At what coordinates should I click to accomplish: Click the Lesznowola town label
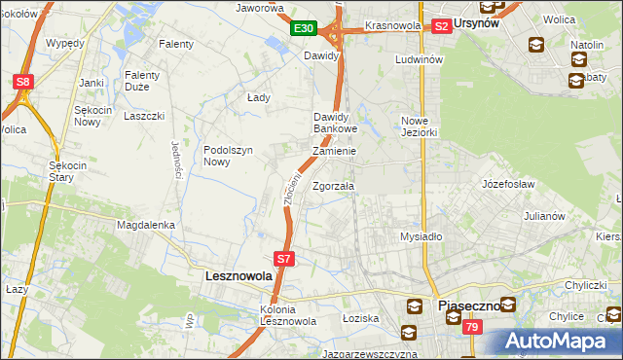pyautogui.click(x=238, y=276)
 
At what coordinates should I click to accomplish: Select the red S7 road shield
pyautogui.click(x=283, y=259)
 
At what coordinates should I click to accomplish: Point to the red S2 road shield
pyautogui.click(x=441, y=26)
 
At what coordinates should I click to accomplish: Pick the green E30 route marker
pyautogui.click(x=303, y=29)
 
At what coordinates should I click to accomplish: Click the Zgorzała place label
pyautogui.click(x=334, y=185)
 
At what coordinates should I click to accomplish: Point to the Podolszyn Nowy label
pyautogui.click(x=229, y=156)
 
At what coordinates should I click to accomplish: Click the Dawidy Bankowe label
pyautogui.click(x=336, y=123)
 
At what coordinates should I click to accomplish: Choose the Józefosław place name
pyautogui.click(x=510, y=182)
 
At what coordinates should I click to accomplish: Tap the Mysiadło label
pyautogui.click(x=421, y=236)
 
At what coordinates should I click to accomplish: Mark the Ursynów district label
pyautogui.click(x=478, y=24)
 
